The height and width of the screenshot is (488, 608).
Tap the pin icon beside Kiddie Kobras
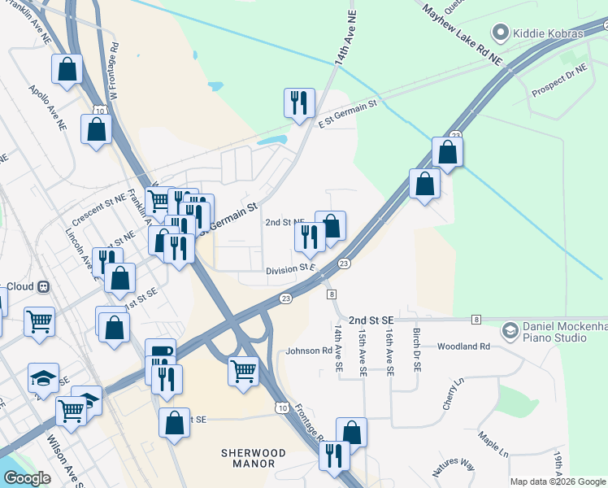point(500,33)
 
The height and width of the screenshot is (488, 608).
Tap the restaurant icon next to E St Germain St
point(299,103)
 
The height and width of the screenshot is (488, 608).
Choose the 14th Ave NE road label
point(345,36)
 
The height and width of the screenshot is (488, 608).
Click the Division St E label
point(289,268)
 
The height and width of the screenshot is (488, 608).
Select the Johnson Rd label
point(309,351)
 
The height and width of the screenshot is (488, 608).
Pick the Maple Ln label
point(493,444)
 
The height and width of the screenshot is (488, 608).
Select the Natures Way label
point(453,466)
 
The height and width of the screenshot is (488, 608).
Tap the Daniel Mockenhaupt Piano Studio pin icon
point(510,329)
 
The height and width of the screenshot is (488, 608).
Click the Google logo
point(27,478)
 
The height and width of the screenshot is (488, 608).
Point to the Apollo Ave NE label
point(47,108)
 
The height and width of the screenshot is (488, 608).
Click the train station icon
point(44,286)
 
